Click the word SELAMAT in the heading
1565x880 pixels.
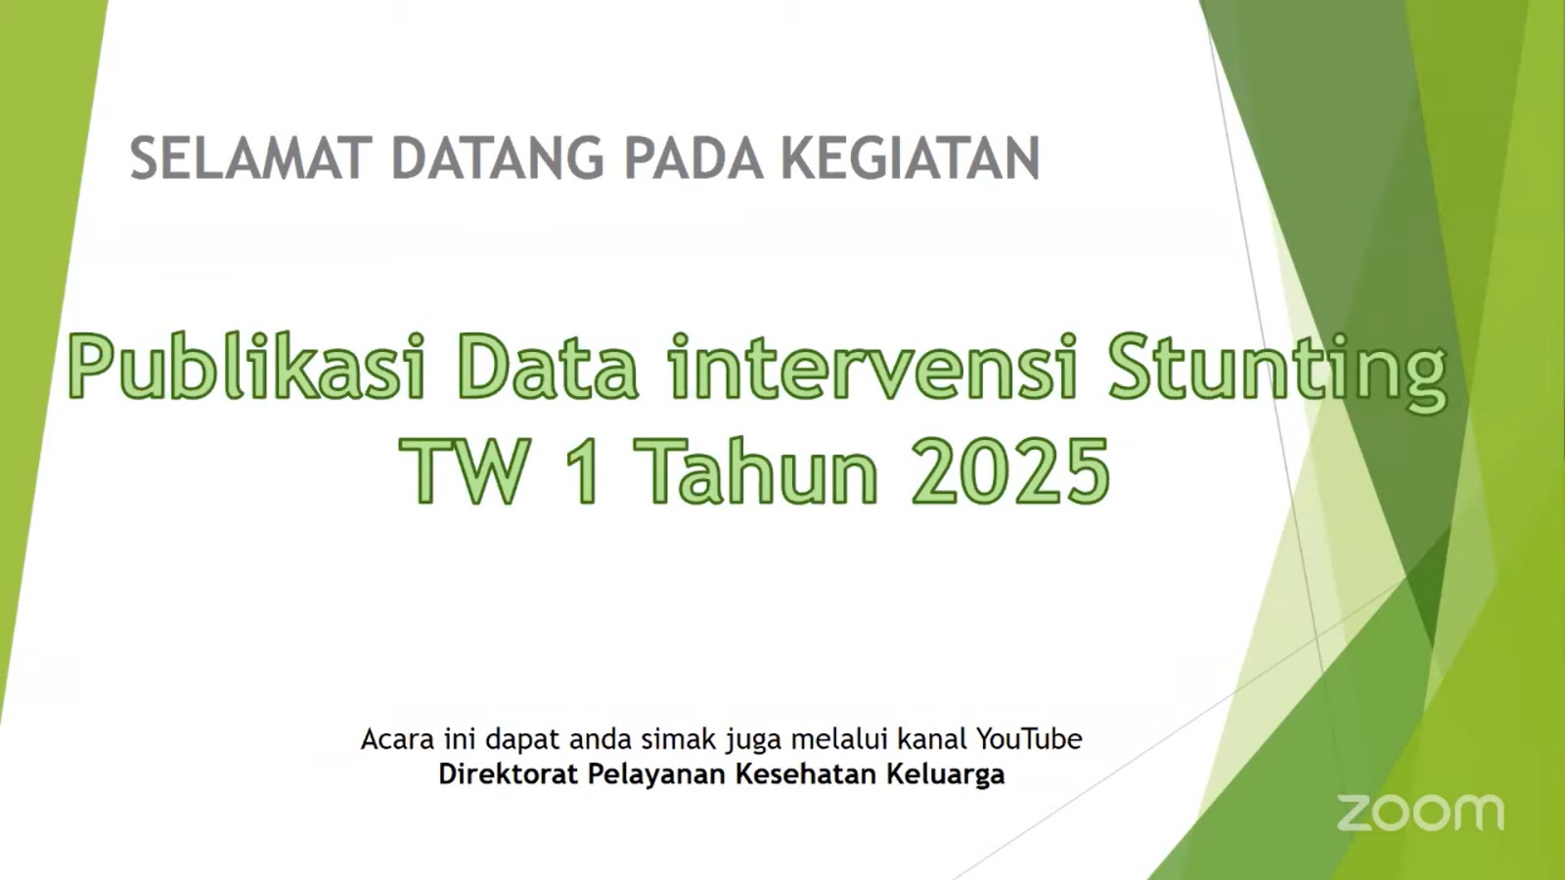pos(250,158)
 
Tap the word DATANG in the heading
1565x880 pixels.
pos(497,158)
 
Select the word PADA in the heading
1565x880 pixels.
pos(693,158)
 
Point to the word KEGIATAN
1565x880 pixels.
pos(910,158)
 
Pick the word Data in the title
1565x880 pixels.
pos(547,368)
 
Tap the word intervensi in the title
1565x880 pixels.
pos(872,368)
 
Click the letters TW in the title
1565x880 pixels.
pos(466,471)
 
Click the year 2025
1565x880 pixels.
pos(1011,471)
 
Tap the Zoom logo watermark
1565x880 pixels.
pos(1419,813)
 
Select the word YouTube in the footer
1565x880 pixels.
pos(1029,738)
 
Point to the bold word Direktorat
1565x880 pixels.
pos(508,774)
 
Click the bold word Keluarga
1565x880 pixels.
pos(945,775)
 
